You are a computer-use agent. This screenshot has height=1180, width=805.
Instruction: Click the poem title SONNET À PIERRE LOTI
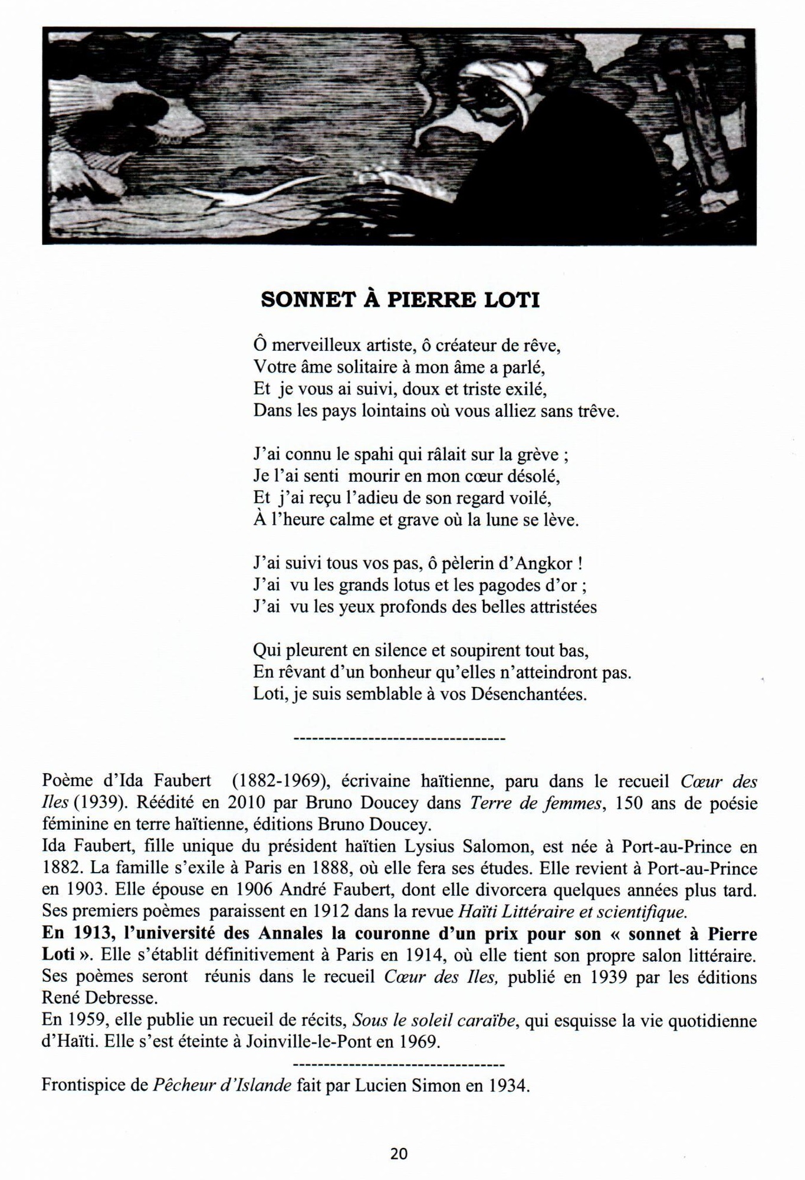point(400,300)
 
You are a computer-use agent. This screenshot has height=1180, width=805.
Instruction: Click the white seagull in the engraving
point(248,192)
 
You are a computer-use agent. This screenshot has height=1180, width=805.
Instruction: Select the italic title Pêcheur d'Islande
point(222,1086)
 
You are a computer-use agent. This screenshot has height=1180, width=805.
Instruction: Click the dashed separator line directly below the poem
point(399,738)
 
